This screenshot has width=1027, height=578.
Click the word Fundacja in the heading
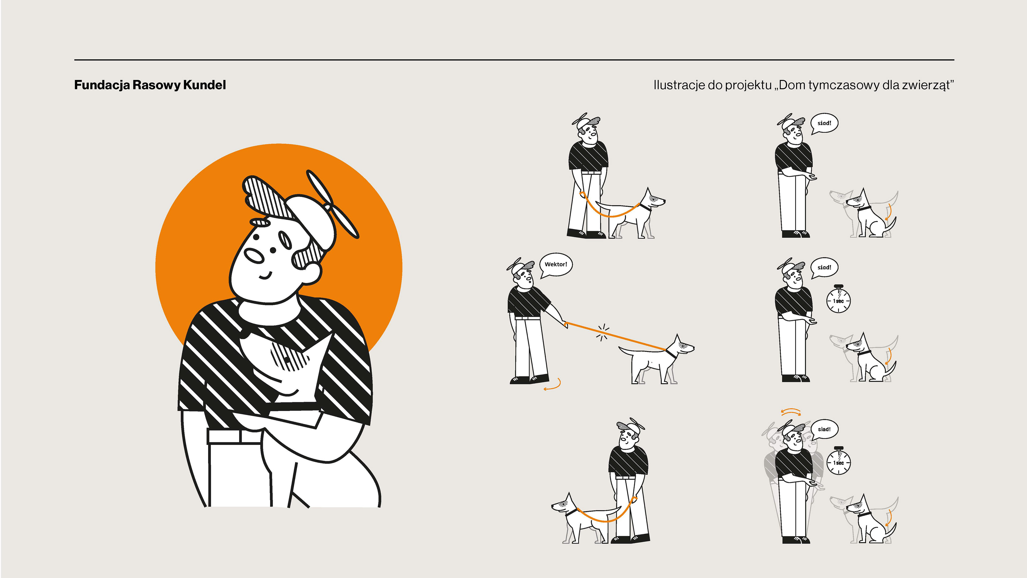(102, 85)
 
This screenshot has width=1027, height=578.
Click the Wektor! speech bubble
(556, 265)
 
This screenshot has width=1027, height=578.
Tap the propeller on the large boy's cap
(332, 204)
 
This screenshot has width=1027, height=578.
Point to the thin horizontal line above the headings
(514, 60)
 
